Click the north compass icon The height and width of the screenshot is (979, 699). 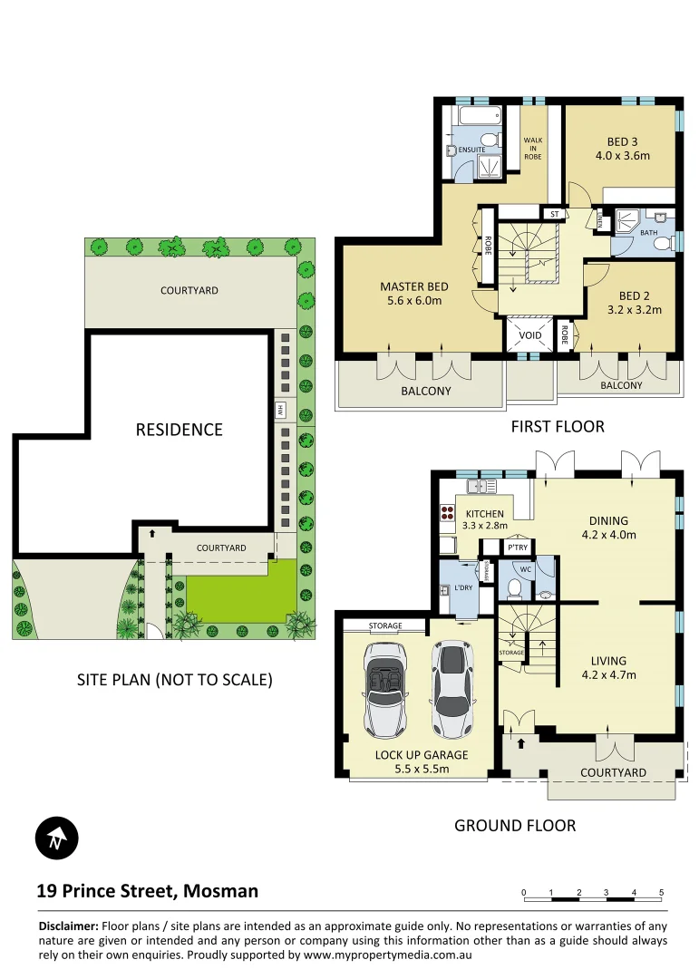click(x=57, y=838)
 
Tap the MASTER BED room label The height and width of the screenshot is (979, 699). click(x=414, y=295)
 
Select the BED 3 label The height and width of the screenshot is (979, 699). click(x=623, y=148)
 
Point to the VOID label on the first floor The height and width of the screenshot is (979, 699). click(x=529, y=335)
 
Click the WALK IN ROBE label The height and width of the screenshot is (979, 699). click(x=532, y=149)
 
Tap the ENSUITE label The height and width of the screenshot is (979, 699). click(x=471, y=149)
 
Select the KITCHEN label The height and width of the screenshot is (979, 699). click(x=483, y=515)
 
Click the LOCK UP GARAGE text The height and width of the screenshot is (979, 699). click(x=422, y=755)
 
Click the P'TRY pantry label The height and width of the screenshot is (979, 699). click(x=518, y=548)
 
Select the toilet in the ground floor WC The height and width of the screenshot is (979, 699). click(x=513, y=587)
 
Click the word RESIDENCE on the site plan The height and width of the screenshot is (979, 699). click(x=179, y=430)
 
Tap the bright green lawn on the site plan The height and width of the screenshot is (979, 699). click(x=240, y=593)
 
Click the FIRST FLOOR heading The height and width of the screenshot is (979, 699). click(x=558, y=426)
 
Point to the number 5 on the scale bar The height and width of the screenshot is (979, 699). click(x=661, y=893)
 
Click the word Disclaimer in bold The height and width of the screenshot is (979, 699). click(x=68, y=926)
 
